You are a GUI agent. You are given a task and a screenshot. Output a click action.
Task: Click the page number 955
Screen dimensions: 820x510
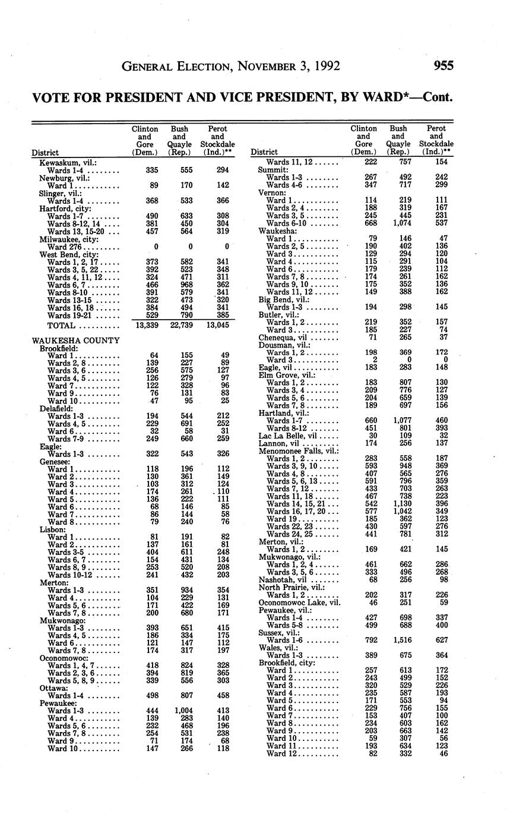[x=444, y=66]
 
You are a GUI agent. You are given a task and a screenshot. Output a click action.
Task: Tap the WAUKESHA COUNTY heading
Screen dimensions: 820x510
[x=76, y=340]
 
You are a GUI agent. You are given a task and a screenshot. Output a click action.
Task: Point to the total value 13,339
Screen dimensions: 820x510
[x=145, y=326]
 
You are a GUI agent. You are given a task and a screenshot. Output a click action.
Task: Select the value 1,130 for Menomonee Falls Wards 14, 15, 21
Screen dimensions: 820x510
[x=398, y=504]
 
